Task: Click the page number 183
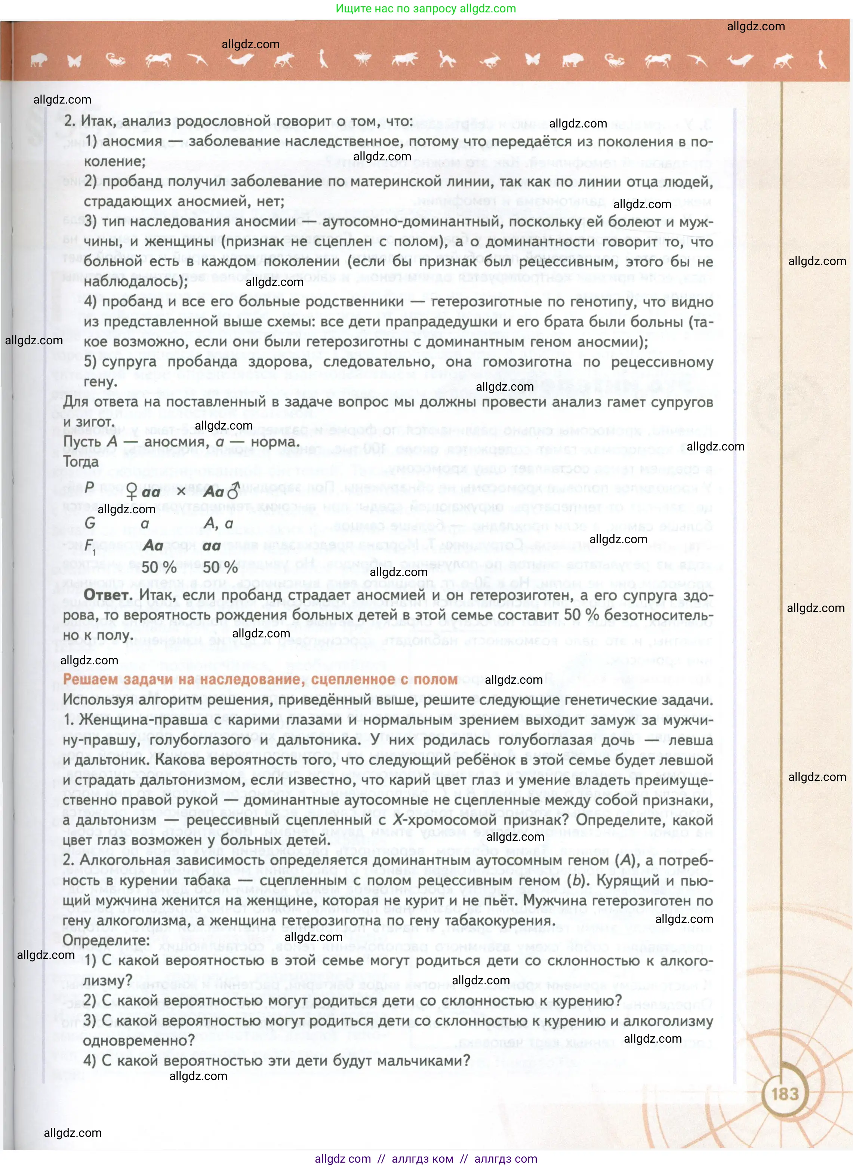point(784,1093)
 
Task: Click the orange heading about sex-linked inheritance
point(260,680)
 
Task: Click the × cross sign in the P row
point(181,491)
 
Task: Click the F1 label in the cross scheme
point(90,546)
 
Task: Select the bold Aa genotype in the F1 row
point(153,545)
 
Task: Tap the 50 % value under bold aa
point(220,567)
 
